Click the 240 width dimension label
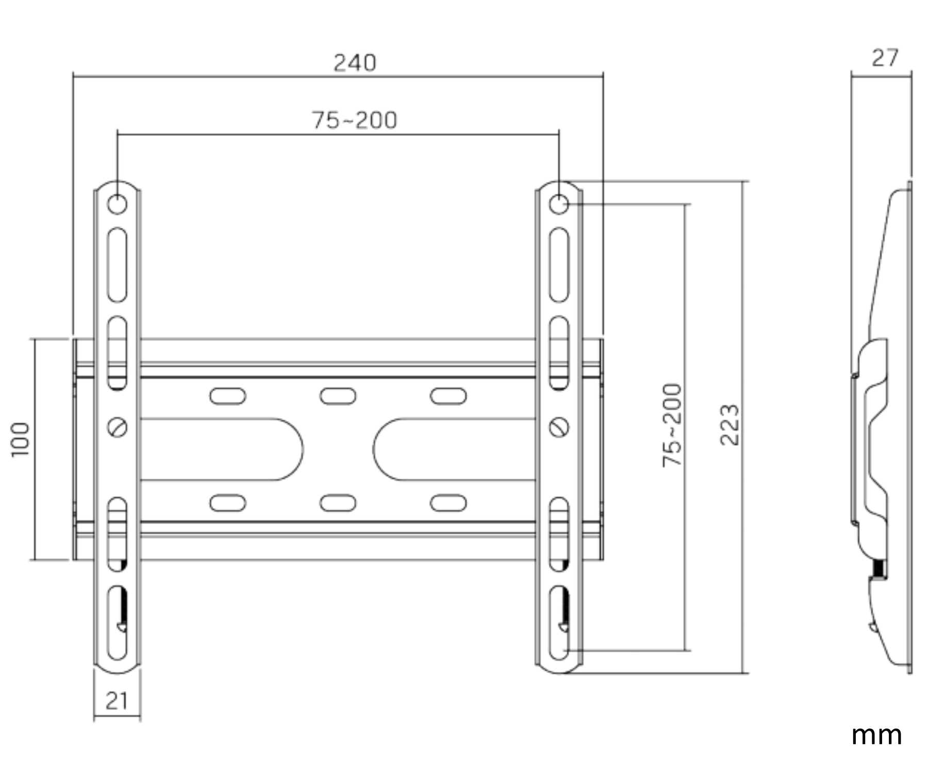point(355,63)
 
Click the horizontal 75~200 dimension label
point(354,120)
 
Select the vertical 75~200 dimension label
point(672,425)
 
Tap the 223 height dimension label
point(730,425)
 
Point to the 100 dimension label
point(21,439)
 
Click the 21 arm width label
point(117,700)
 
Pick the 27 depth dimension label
point(885,58)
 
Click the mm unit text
point(876,736)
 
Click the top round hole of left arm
point(117,205)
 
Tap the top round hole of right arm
point(559,205)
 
